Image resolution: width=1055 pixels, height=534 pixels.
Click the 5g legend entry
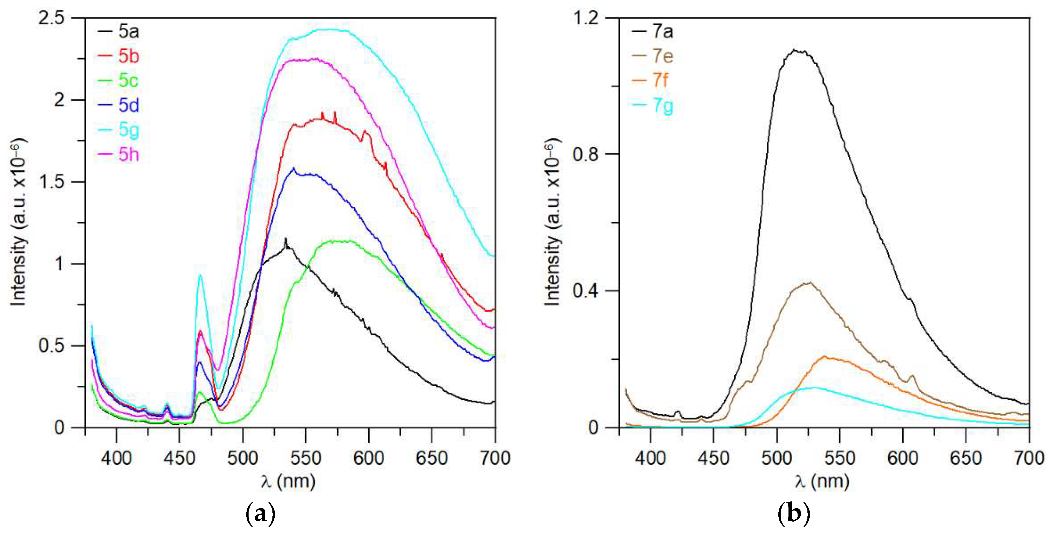[x=128, y=130]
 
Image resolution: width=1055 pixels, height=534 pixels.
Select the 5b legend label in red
[x=128, y=56]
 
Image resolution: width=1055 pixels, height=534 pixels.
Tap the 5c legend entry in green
[x=128, y=81]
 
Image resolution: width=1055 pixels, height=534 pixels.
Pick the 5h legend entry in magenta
[x=128, y=155]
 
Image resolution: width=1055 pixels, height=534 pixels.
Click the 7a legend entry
[x=662, y=32]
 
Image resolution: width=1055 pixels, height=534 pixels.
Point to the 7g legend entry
[x=662, y=106]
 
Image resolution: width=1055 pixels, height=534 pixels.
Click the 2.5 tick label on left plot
[x=51, y=18]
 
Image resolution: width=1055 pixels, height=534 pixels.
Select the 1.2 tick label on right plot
[x=585, y=18]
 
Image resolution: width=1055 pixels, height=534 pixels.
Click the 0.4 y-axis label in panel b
[x=585, y=291]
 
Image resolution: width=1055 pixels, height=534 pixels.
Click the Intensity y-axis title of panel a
[x=18, y=222]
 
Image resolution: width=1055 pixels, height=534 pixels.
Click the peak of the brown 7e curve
[x=810, y=282]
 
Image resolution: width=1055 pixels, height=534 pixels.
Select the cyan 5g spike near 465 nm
[x=200, y=275]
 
